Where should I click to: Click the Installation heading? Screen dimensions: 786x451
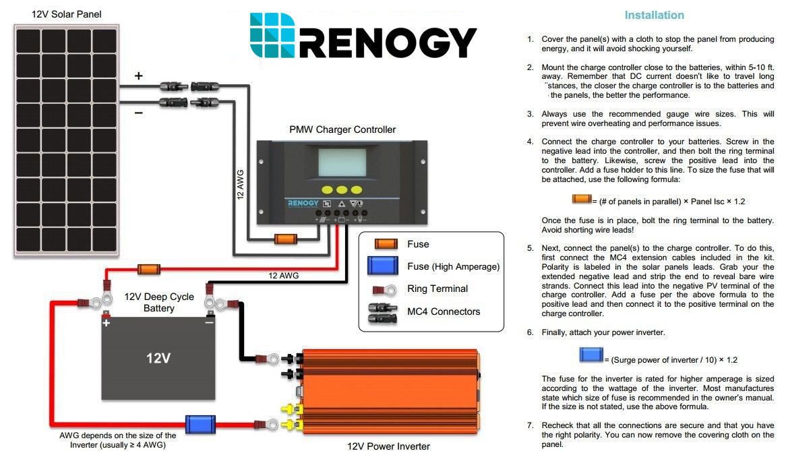[x=654, y=15]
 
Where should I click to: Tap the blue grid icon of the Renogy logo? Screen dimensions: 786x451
[x=273, y=35]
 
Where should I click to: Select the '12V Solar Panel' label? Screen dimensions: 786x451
[x=66, y=14]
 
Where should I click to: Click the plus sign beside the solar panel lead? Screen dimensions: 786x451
[x=138, y=76]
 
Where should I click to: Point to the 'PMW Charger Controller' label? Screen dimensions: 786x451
[x=342, y=129]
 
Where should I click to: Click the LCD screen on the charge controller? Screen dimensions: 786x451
[x=342, y=162]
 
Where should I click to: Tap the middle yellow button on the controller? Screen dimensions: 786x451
[x=342, y=190]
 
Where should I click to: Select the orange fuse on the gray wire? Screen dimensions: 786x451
[x=286, y=239]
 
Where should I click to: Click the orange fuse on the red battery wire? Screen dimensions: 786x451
[x=149, y=269]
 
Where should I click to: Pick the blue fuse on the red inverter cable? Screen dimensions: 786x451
[x=200, y=425]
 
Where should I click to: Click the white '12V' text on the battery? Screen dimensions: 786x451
[x=158, y=358]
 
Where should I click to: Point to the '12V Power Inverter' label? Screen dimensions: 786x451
[x=388, y=446]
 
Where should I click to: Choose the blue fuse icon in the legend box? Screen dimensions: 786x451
[x=382, y=266]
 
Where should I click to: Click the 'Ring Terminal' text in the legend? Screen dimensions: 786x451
[x=437, y=289]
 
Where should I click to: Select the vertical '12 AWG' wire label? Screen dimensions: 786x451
[x=241, y=185]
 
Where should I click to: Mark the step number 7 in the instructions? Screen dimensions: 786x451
[x=530, y=425]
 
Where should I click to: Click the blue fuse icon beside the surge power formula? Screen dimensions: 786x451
[x=591, y=355]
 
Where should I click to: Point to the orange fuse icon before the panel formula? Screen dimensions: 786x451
[x=582, y=199]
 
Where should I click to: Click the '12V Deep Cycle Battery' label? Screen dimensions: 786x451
[x=159, y=302]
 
